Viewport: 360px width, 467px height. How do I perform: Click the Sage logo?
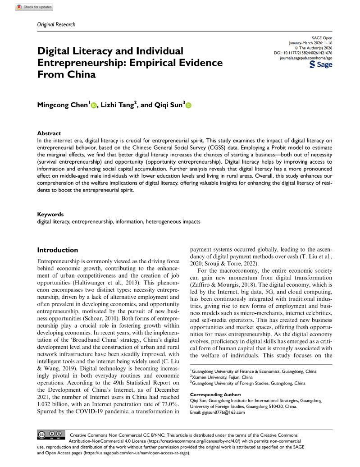click(x=321, y=65)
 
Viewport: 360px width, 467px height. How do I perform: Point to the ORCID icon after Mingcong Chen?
click(x=94, y=105)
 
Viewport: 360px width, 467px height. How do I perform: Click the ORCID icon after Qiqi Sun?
click(x=188, y=105)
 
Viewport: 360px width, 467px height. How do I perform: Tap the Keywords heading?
click(x=50, y=215)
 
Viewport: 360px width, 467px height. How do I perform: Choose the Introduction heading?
click(x=57, y=250)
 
